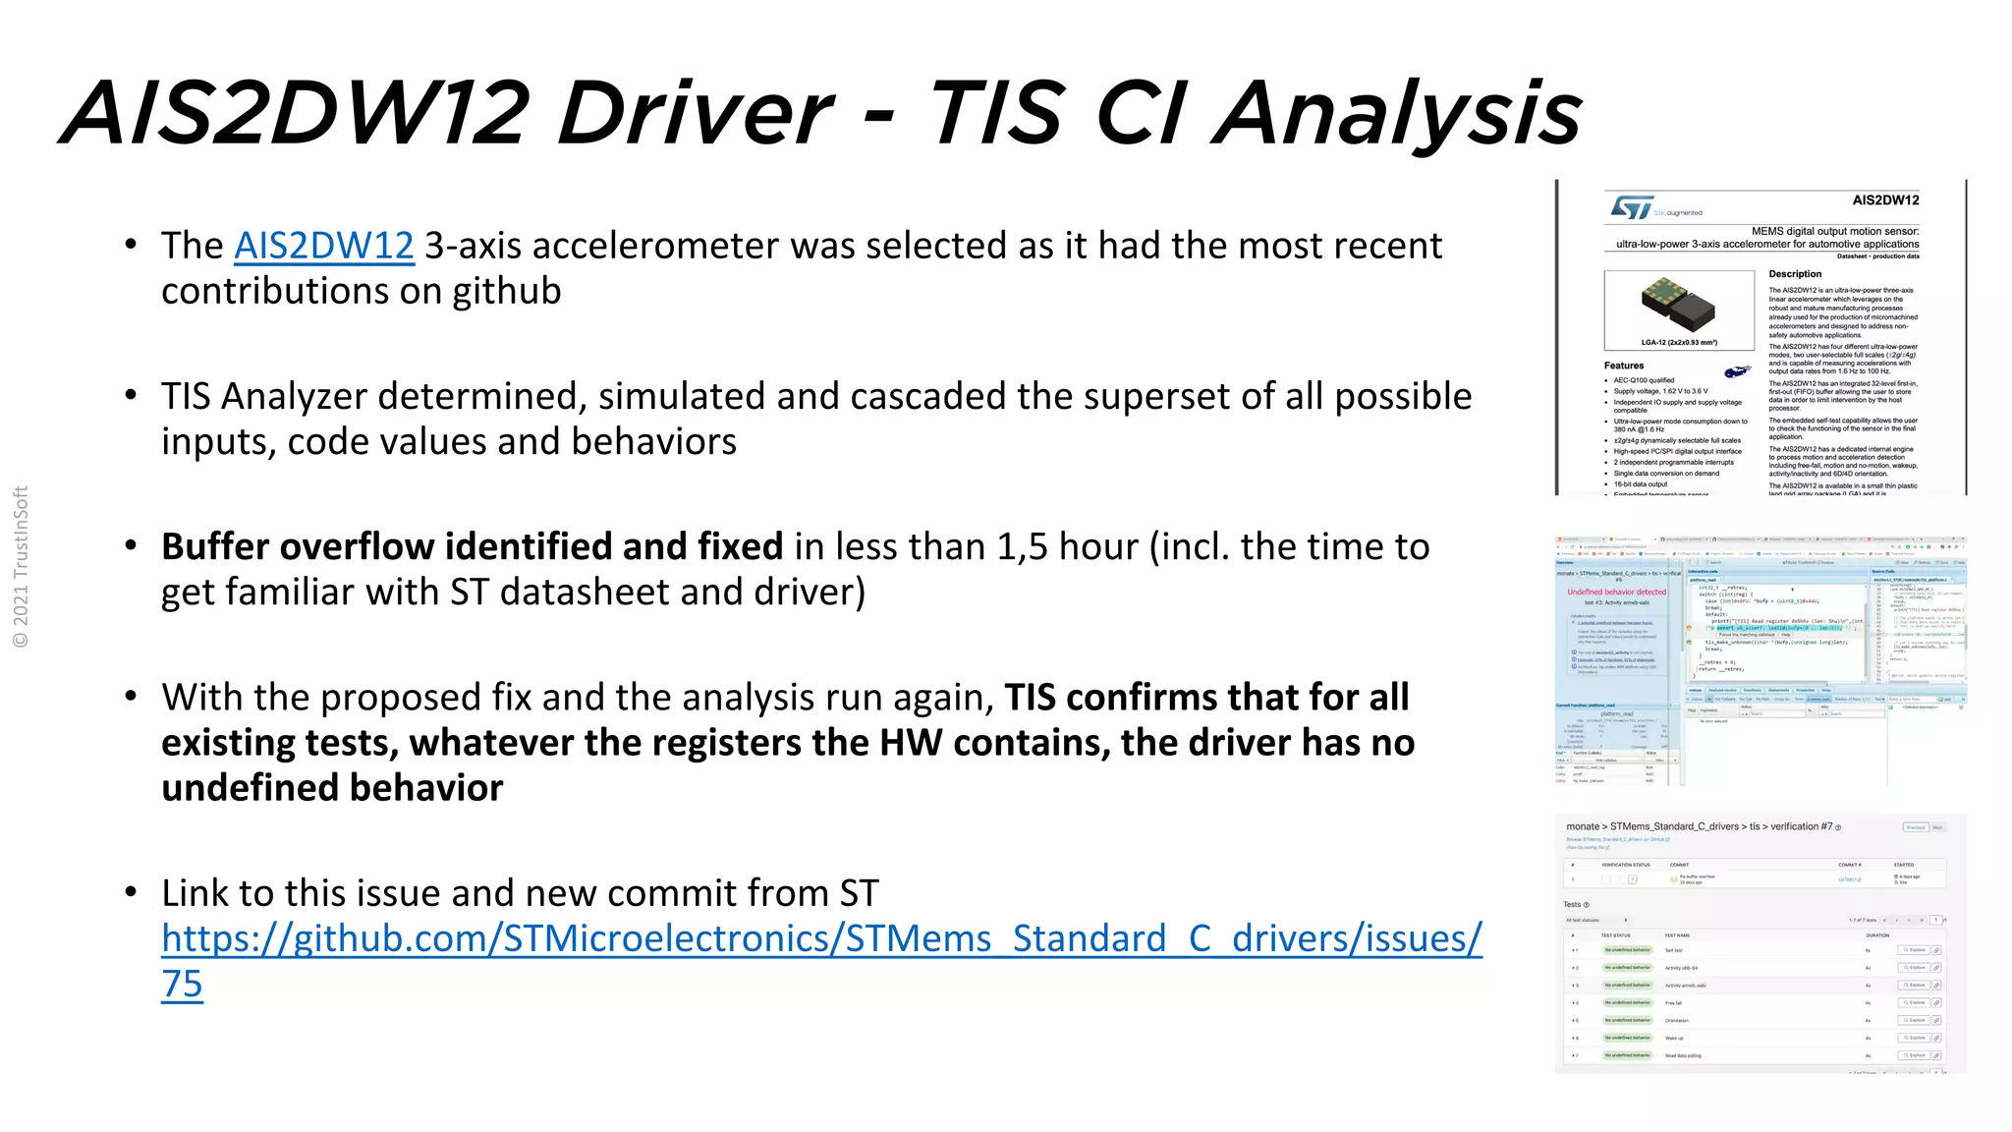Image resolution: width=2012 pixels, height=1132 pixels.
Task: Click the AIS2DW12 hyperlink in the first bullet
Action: click(323, 246)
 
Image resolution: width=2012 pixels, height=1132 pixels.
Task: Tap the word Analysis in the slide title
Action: click(1397, 113)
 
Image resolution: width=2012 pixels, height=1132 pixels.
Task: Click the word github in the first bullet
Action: click(506, 291)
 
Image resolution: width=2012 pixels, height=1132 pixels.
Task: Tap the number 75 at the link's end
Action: click(182, 984)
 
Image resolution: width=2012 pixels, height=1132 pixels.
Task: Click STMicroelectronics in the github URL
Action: click(668, 938)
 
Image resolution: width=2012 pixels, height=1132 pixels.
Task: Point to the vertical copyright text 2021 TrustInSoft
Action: click(21, 567)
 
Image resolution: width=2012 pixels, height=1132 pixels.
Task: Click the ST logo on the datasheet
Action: click(1632, 208)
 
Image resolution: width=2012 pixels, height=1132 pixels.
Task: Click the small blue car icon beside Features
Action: click(1736, 371)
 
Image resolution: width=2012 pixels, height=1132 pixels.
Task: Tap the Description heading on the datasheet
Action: click(1795, 274)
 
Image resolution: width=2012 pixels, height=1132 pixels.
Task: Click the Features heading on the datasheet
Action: click(1624, 366)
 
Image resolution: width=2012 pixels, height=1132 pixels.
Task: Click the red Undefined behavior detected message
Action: click(1616, 592)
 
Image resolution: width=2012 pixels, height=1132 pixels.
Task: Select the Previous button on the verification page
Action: click(1915, 827)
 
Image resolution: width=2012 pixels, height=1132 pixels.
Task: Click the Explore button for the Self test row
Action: click(1914, 950)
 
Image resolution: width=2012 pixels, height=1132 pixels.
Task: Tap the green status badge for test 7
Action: click(1628, 1055)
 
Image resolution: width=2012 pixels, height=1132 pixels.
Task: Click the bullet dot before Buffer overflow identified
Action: click(131, 545)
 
